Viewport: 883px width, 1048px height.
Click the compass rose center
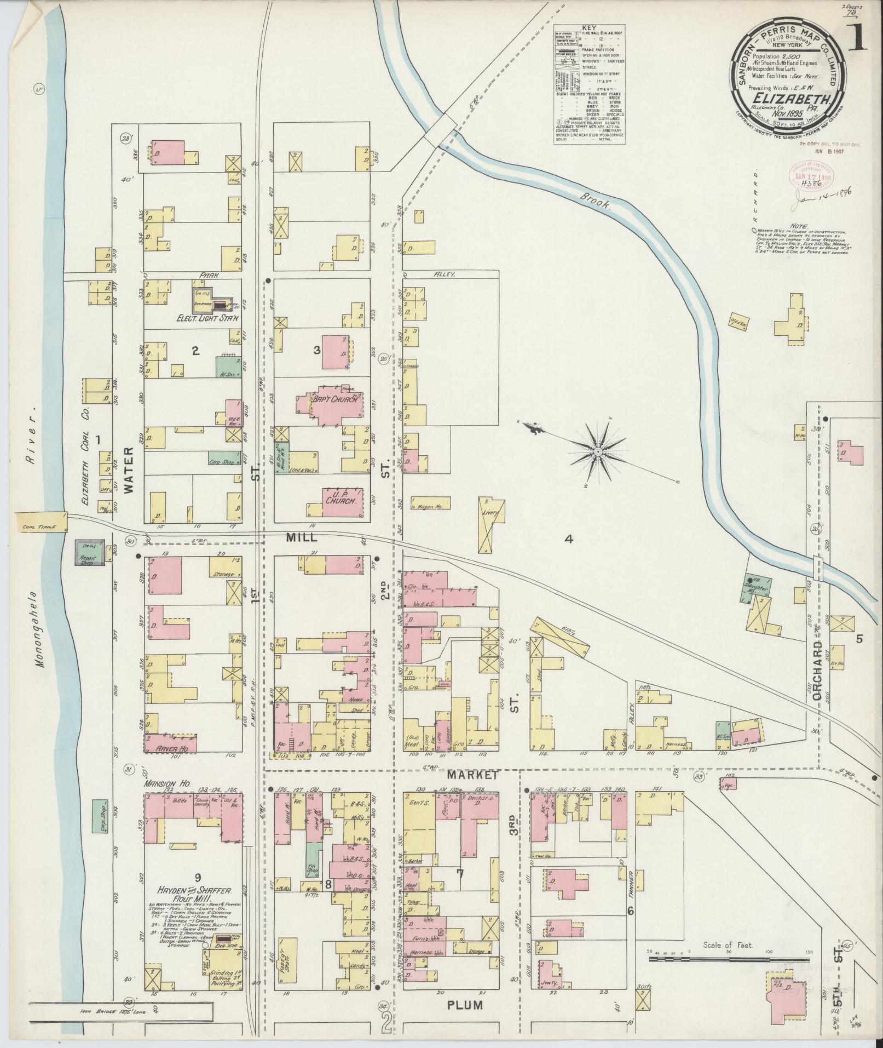pyautogui.click(x=598, y=451)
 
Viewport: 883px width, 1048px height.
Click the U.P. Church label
pyautogui.click(x=342, y=496)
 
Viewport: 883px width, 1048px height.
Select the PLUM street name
pyautogui.click(x=465, y=1020)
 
